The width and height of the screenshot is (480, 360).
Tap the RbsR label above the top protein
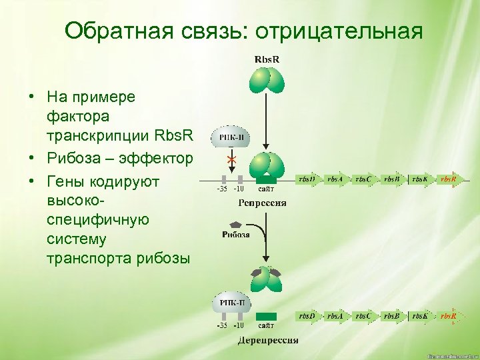coord(267,59)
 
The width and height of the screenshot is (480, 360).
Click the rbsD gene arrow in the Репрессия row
coord(308,179)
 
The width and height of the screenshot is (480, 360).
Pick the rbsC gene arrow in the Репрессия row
coord(365,179)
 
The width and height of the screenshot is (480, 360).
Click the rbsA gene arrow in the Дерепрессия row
coord(336,315)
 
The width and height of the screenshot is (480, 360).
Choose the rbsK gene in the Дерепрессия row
coord(421,315)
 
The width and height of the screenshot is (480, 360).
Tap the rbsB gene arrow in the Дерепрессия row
coord(393,315)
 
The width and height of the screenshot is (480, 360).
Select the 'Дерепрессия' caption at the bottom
coord(268,341)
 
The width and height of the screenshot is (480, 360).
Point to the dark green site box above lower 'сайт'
coord(267,315)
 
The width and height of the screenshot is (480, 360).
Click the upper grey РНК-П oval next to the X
coord(231,138)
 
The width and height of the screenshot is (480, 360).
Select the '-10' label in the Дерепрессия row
coord(239,326)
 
